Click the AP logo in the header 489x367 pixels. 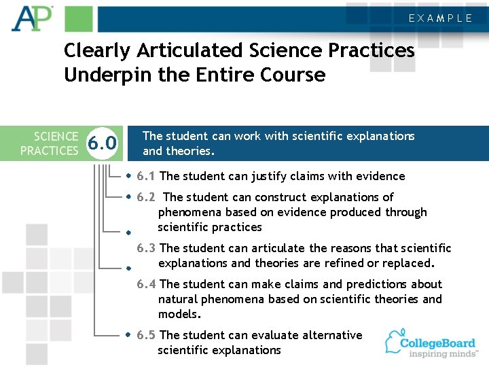click(x=32, y=18)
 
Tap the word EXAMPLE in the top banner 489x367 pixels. click(x=440, y=18)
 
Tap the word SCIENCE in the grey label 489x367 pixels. click(x=56, y=137)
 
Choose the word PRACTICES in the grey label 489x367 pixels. click(x=49, y=150)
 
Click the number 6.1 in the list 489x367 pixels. click(x=146, y=176)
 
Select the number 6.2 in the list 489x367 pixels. click(x=146, y=197)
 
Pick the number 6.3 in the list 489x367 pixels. click(x=147, y=248)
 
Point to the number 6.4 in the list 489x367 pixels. click(x=147, y=284)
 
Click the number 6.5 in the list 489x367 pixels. click(x=146, y=335)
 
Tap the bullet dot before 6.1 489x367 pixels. click(x=129, y=176)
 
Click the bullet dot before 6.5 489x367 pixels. click(x=129, y=335)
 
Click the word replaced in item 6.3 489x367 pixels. click(x=410, y=263)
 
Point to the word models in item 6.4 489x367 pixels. click(x=179, y=314)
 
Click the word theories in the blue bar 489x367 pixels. click(x=190, y=151)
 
